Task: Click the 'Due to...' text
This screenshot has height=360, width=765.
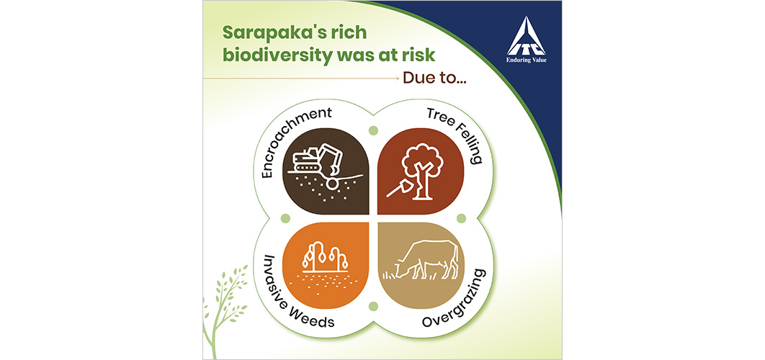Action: [x=434, y=78]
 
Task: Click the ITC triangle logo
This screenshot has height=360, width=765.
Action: [x=525, y=37]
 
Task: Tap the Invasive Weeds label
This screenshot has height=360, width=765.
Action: [x=288, y=293]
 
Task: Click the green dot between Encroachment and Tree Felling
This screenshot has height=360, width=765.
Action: [x=374, y=131]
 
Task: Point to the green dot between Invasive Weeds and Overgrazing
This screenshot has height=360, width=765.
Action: [x=374, y=306]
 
